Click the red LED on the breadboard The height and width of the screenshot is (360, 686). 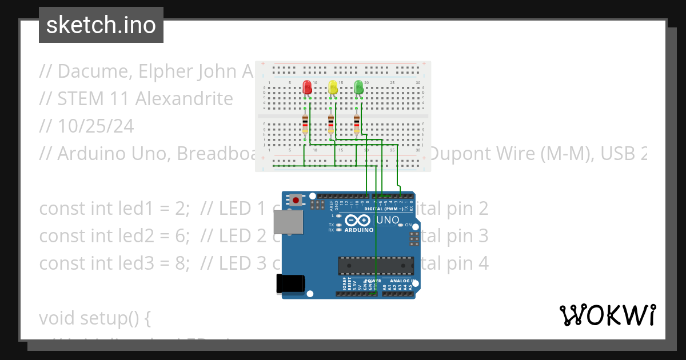pos(307,87)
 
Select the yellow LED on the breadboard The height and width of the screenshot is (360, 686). pos(333,87)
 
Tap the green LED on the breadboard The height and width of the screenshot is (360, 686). pos(358,87)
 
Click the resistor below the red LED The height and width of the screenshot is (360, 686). pos(305,123)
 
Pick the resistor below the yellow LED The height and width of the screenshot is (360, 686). pos(331,123)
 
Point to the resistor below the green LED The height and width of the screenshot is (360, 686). pos(357,123)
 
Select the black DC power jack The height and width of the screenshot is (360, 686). pos(290,284)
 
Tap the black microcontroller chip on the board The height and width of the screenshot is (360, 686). pos(376,266)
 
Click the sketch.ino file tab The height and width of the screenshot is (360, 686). pos(101,25)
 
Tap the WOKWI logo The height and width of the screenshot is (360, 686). pos(608,315)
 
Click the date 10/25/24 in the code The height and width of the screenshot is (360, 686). pos(95,126)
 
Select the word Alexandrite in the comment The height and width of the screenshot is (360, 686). pos(184,99)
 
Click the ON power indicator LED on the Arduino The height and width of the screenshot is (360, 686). pos(400,225)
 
